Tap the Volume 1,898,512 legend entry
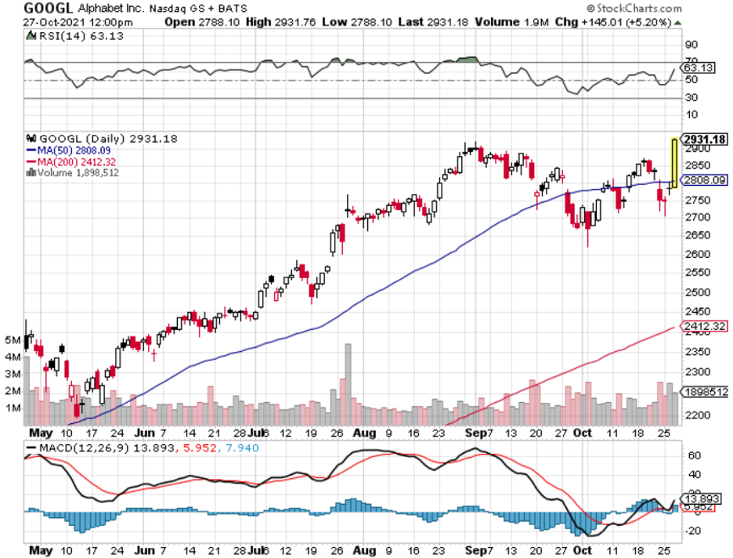point(76,172)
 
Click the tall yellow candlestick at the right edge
point(673,163)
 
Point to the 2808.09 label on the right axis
point(703,179)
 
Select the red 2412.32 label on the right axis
point(703,325)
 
